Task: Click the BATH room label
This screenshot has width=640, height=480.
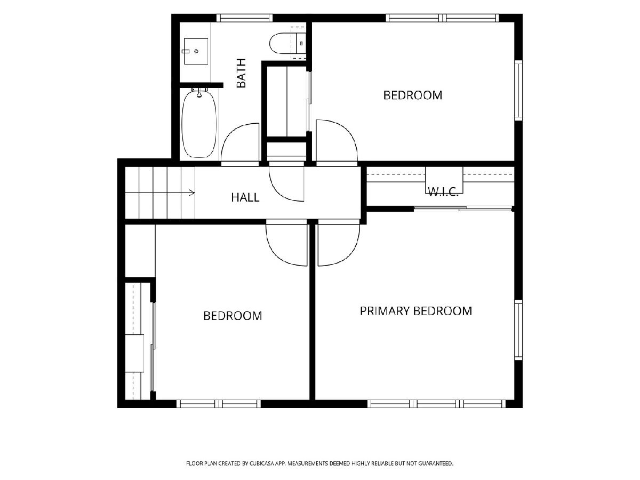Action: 241,73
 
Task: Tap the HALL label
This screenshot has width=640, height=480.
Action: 245,197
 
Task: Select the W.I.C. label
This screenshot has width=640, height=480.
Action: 443,191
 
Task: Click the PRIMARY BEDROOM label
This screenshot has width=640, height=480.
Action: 416,311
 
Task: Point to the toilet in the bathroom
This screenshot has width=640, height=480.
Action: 287,43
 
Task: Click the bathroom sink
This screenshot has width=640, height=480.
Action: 196,51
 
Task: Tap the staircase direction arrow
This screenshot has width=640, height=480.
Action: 160,193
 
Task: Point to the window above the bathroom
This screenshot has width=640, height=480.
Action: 244,18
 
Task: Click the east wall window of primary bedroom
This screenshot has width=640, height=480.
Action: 518,330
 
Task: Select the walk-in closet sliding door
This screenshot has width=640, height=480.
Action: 463,209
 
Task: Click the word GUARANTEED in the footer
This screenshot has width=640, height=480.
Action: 436,463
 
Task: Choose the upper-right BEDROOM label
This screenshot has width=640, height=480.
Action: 413,95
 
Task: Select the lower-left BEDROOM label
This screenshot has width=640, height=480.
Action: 233,316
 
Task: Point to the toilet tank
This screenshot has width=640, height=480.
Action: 301,43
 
